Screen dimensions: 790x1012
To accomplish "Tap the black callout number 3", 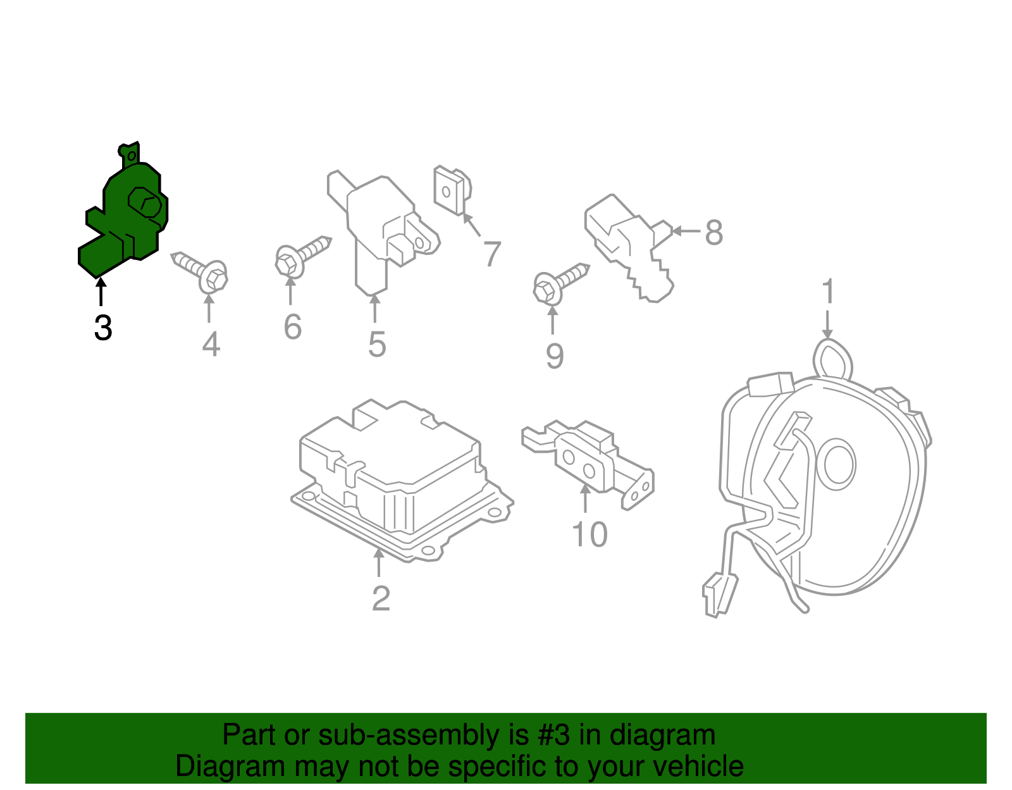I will point(103,328).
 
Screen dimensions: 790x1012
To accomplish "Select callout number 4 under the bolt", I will point(211,345).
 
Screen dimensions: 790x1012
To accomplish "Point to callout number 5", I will point(377,345).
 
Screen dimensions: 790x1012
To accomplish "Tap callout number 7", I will point(492,254).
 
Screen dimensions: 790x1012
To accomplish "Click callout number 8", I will point(713,232).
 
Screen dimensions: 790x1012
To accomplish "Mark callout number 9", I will point(554,356).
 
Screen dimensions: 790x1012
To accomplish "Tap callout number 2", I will point(381,598).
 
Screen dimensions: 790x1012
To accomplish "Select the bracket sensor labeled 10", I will point(588,459).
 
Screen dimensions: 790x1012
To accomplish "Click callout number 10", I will point(589,535).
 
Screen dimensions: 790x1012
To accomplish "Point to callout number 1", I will point(827,293).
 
